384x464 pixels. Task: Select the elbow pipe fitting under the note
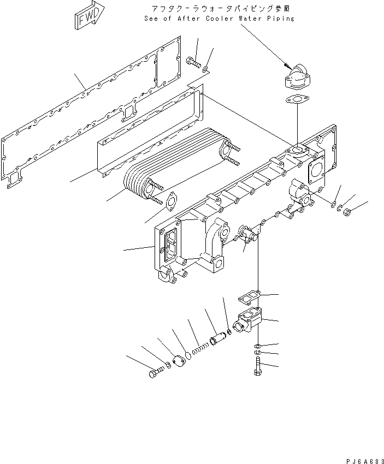[296, 78]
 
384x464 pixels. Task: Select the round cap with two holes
[179, 362]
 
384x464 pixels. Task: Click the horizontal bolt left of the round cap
[155, 373]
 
